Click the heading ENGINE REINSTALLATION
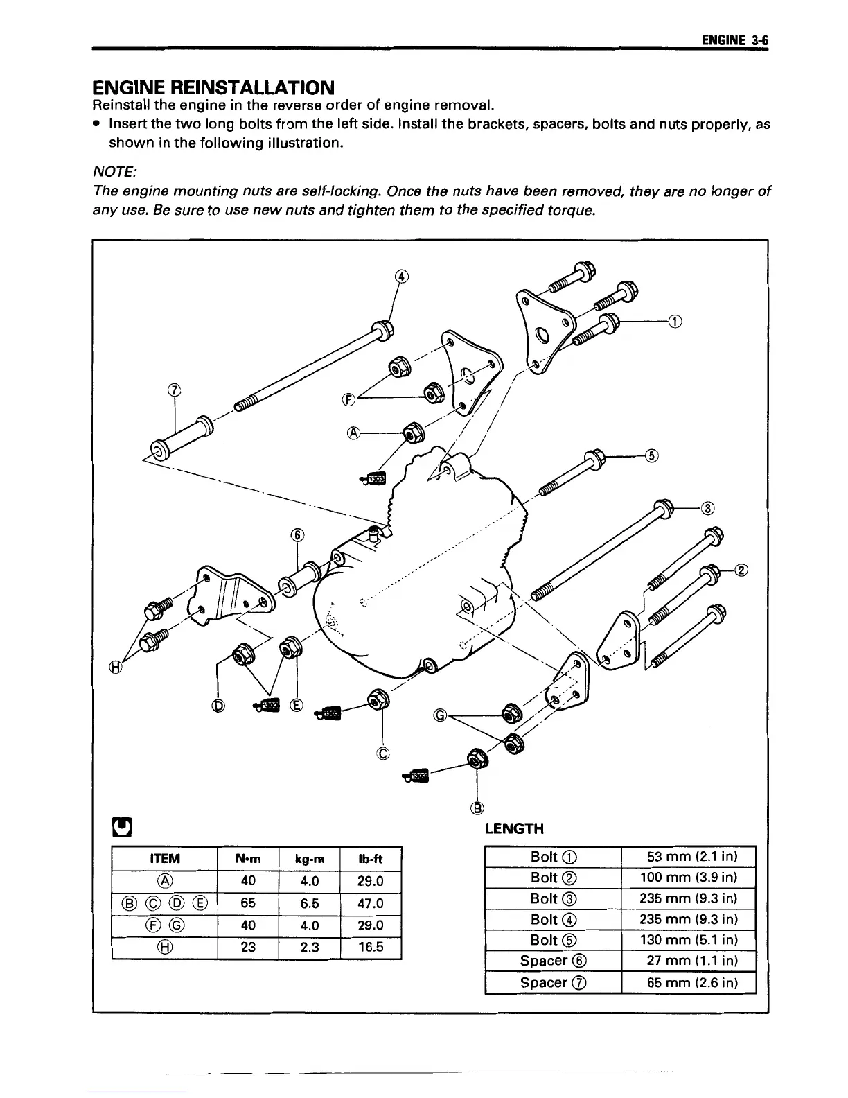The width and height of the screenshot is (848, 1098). click(213, 88)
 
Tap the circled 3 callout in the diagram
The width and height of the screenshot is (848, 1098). click(707, 508)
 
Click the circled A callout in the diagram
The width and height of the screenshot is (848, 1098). click(353, 433)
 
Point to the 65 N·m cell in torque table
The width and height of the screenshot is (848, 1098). click(247, 903)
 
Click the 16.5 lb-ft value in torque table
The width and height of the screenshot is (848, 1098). click(371, 947)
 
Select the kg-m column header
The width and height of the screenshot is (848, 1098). click(309, 860)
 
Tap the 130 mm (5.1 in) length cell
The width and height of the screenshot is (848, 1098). click(688, 940)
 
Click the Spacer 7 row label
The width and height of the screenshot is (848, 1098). click(553, 982)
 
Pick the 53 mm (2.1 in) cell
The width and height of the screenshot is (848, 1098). click(688, 857)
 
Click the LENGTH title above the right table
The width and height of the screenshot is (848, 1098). click(514, 829)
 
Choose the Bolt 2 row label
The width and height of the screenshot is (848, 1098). click(553, 878)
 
